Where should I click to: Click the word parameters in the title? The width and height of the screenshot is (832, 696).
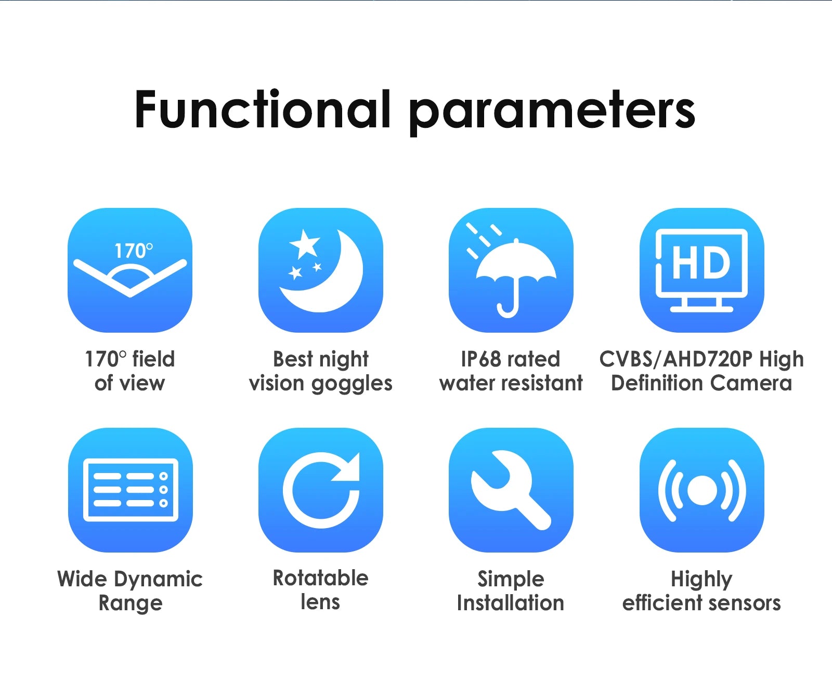point(552,112)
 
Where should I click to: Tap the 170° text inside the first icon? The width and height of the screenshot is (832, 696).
point(134,251)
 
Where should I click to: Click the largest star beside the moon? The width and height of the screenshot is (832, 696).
point(305,244)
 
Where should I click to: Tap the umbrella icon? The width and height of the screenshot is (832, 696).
point(516,275)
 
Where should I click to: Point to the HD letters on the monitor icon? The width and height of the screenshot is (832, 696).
point(701,263)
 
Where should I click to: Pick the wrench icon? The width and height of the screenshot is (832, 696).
point(511,490)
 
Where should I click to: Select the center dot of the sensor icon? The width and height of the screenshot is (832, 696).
point(702,490)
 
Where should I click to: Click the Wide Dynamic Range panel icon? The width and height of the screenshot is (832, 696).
point(131,490)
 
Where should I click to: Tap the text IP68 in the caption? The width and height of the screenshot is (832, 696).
point(481,359)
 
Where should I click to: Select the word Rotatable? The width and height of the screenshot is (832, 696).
point(321,578)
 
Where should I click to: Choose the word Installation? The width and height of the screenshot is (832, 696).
point(511,603)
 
